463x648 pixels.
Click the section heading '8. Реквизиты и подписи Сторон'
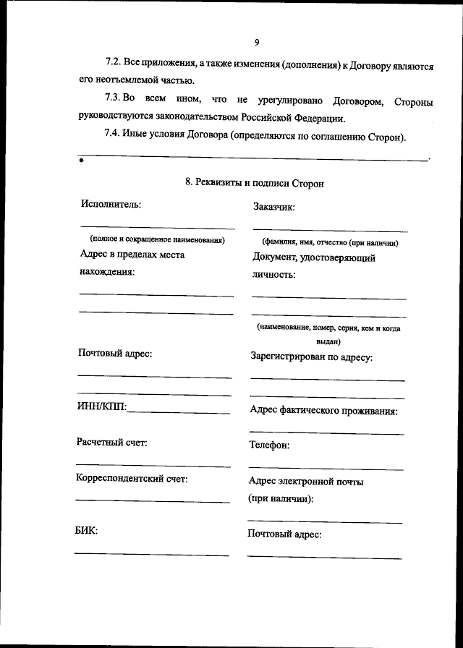255,183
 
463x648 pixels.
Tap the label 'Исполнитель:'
111,204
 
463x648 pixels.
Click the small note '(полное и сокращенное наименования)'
157,239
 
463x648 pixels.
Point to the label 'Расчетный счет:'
111,442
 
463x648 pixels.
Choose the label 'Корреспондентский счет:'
132,478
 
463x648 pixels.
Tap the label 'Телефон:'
270,445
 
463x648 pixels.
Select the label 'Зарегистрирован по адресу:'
311,357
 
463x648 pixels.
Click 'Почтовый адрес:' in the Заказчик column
284,534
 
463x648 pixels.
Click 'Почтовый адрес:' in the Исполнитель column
114,354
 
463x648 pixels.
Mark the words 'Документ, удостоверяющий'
314,257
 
